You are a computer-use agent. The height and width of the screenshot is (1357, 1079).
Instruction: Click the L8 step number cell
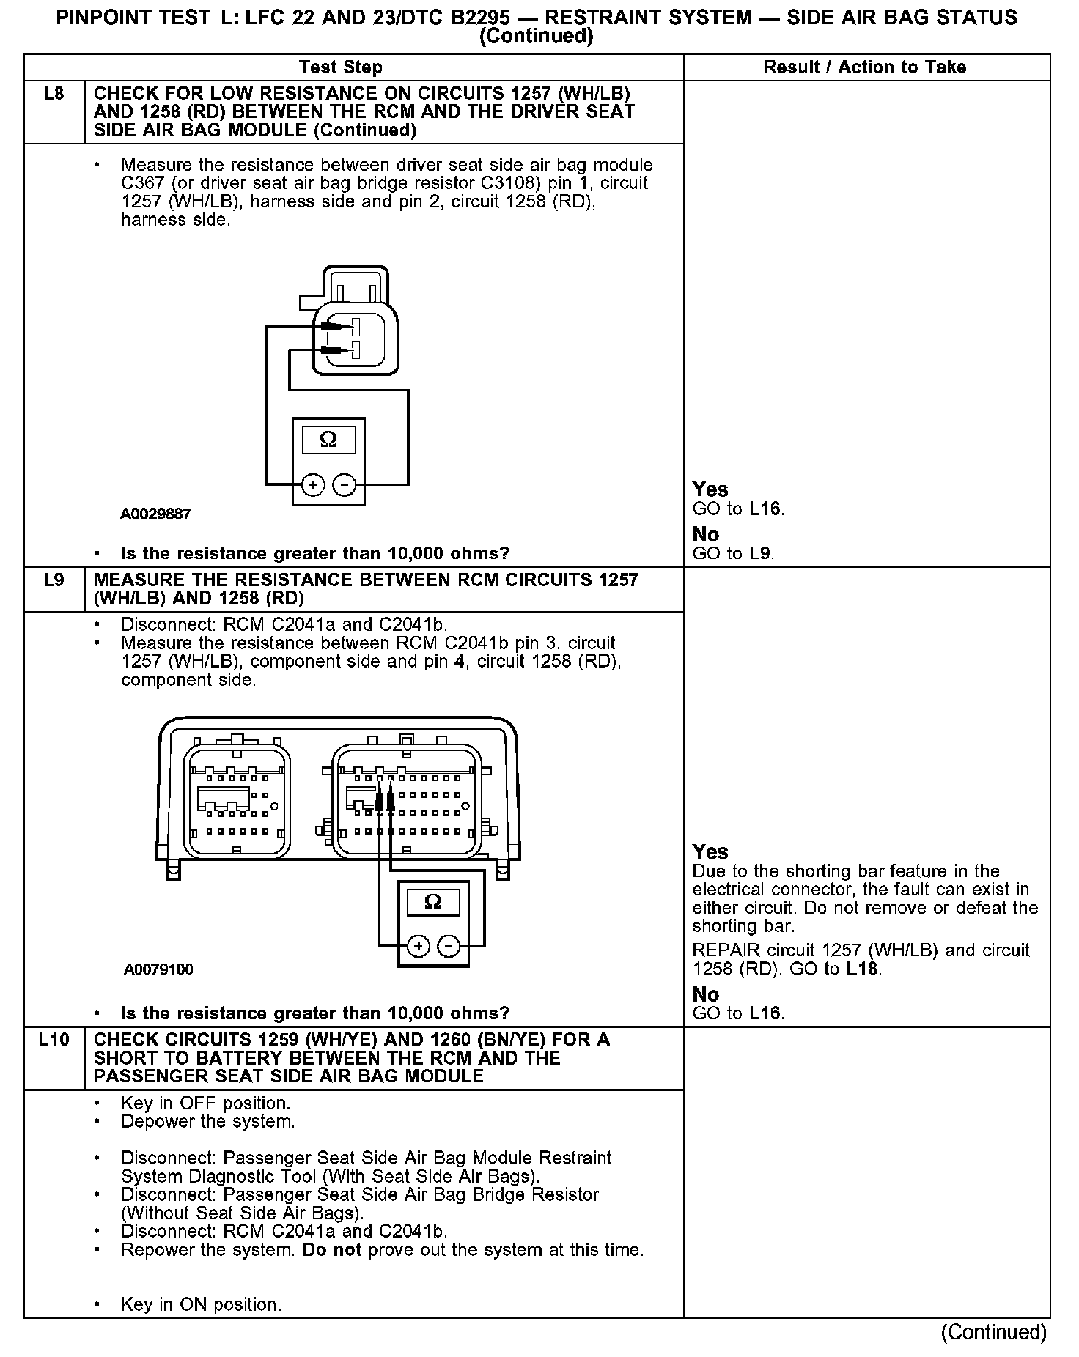point(54,94)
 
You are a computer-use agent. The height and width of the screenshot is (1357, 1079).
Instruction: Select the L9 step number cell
point(54,580)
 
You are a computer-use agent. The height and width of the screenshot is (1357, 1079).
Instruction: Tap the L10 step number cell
point(54,1040)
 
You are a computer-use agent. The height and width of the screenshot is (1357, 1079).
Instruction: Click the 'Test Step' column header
point(341,67)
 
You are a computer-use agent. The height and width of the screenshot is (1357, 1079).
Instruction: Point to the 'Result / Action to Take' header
point(865,67)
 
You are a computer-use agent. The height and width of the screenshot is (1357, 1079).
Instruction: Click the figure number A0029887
point(155,514)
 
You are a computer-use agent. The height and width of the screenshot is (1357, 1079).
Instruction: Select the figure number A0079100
point(158,970)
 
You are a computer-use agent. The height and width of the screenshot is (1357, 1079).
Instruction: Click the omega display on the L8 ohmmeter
point(328,440)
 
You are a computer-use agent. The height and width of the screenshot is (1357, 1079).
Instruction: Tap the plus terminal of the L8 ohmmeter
point(313,485)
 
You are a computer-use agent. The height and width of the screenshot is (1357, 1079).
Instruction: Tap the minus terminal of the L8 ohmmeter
point(344,485)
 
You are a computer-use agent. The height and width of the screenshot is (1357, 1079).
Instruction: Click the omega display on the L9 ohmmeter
point(432,902)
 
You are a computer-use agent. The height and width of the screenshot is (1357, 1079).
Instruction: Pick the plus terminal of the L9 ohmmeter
point(418,947)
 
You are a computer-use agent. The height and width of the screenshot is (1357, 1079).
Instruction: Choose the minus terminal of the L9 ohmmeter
point(449,947)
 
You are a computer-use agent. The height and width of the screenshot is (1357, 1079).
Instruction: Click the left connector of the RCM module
point(236,802)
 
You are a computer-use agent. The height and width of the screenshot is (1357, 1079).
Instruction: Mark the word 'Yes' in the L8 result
point(710,489)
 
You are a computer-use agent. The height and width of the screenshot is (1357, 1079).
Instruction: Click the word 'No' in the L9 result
point(706,994)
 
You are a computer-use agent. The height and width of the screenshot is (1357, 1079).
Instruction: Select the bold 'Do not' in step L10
point(332,1249)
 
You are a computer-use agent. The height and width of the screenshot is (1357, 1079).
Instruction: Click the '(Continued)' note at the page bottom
point(994,1331)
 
